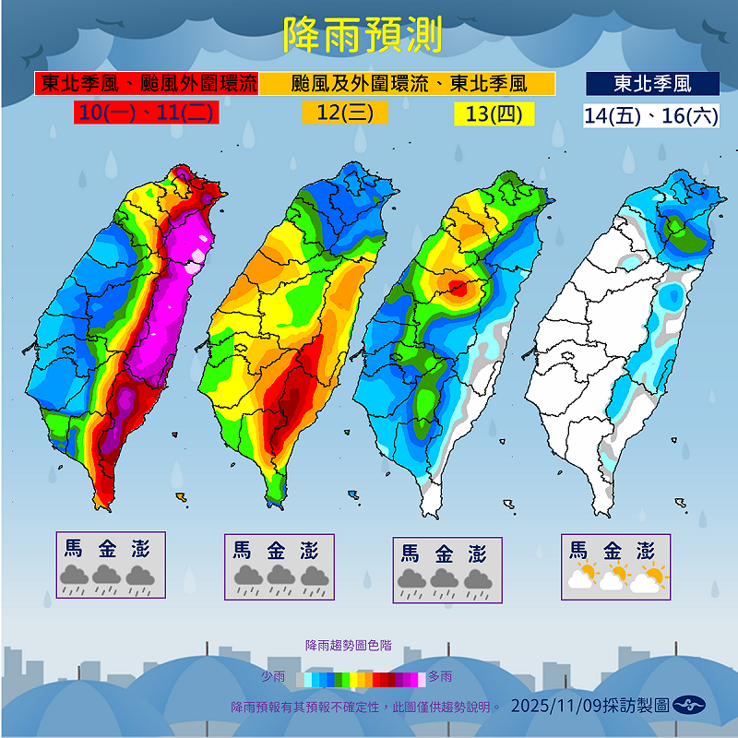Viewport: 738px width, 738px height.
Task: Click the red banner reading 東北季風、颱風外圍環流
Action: (x=147, y=84)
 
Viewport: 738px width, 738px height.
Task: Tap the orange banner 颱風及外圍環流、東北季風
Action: (x=408, y=84)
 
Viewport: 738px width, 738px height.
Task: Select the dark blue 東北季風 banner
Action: (x=652, y=84)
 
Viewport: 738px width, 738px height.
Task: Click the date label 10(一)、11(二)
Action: (x=147, y=113)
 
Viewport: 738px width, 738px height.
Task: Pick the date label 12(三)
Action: (x=345, y=113)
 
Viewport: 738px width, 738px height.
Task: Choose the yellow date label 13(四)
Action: (x=494, y=113)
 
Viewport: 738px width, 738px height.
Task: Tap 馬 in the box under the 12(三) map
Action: (x=242, y=550)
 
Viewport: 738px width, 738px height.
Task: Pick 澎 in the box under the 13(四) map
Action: (x=477, y=553)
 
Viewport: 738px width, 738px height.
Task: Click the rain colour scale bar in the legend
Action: (x=364, y=679)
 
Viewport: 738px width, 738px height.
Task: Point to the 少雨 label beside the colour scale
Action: (x=273, y=677)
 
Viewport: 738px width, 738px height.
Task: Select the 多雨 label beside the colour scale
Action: (x=440, y=677)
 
